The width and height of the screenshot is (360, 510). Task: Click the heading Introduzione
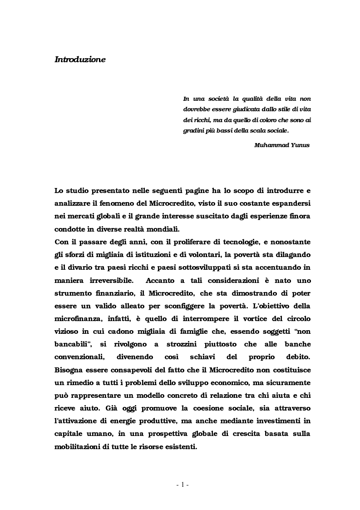pos(80,59)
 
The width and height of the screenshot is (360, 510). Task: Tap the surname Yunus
pos(300,146)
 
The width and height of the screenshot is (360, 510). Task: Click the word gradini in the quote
pos(193,131)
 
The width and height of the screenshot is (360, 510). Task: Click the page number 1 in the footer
pos(182,485)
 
